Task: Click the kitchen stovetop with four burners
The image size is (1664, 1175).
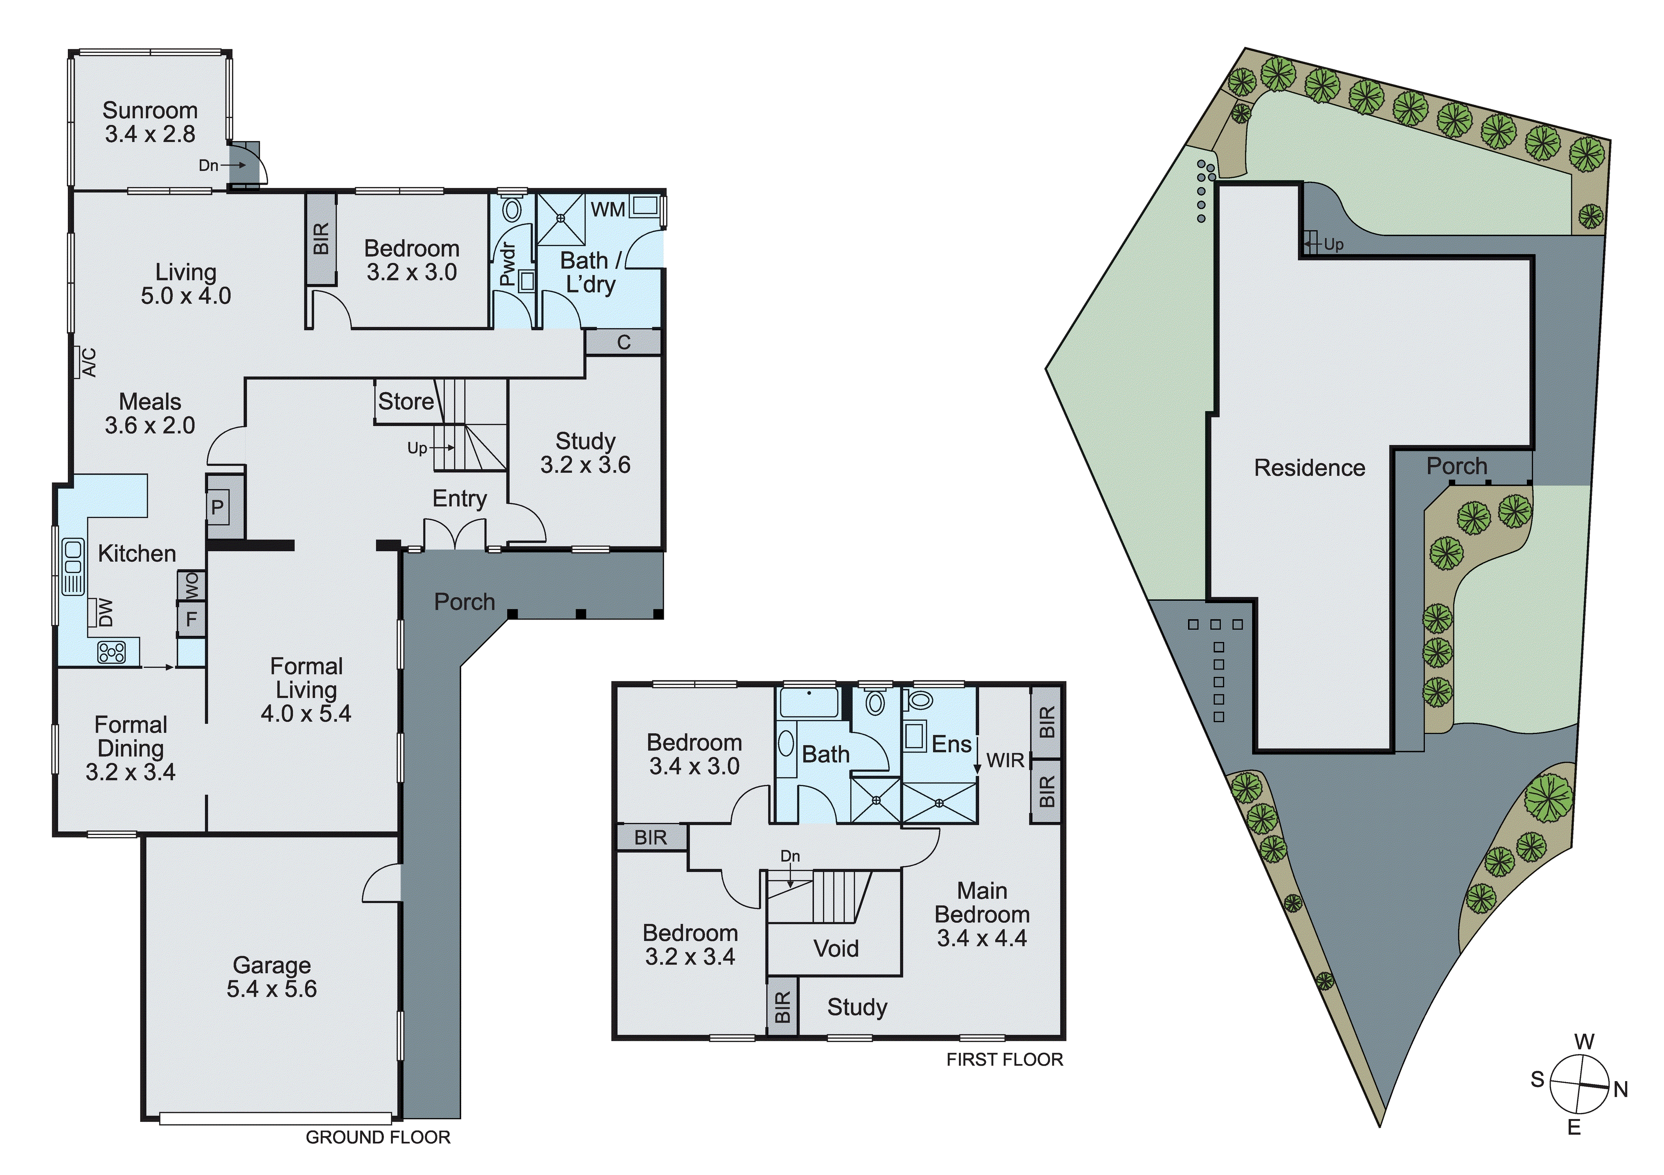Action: click(x=112, y=652)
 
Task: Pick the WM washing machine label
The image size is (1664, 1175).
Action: click(x=607, y=210)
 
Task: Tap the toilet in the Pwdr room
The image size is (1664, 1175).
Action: click(x=512, y=210)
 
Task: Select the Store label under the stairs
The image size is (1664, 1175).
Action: click(x=405, y=401)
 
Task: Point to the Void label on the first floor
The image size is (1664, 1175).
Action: click(x=836, y=948)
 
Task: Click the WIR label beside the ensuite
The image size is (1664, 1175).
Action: click(x=1005, y=761)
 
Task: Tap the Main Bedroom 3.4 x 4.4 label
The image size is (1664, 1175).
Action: click(x=982, y=914)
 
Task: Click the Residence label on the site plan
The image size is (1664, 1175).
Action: click(x=1309, y=468)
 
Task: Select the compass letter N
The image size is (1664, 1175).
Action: click(x=1620, y=1089)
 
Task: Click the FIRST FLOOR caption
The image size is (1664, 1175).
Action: click(x=1004, y=1060)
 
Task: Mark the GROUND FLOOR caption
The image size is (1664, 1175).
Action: click(x=378, y=1138)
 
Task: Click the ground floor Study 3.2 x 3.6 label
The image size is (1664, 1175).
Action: click(x=585, y=453)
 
